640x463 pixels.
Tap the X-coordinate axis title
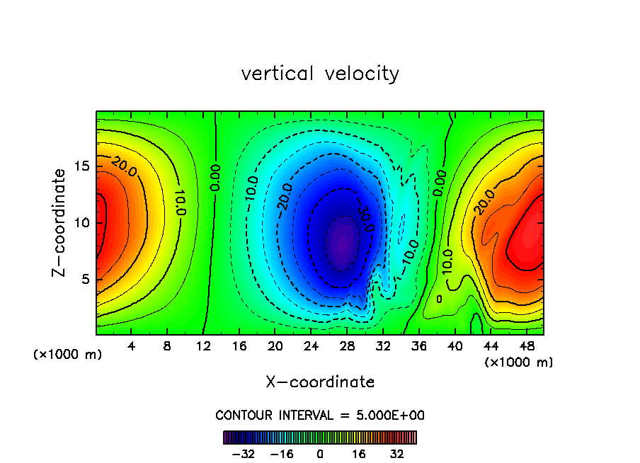[320, 382]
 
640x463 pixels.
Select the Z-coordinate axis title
[61, 222]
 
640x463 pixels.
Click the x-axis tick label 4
[132, 347]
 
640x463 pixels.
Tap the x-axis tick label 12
[203, 347]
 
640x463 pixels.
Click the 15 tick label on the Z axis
[83, 166]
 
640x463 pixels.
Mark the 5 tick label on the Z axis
[86, 279]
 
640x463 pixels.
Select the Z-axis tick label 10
[83, 222]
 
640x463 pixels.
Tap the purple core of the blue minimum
[342, 243]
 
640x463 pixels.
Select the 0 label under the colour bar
[320, 454]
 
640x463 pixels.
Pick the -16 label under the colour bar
[282, 454]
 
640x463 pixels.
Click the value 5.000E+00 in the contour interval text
[391, 416]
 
